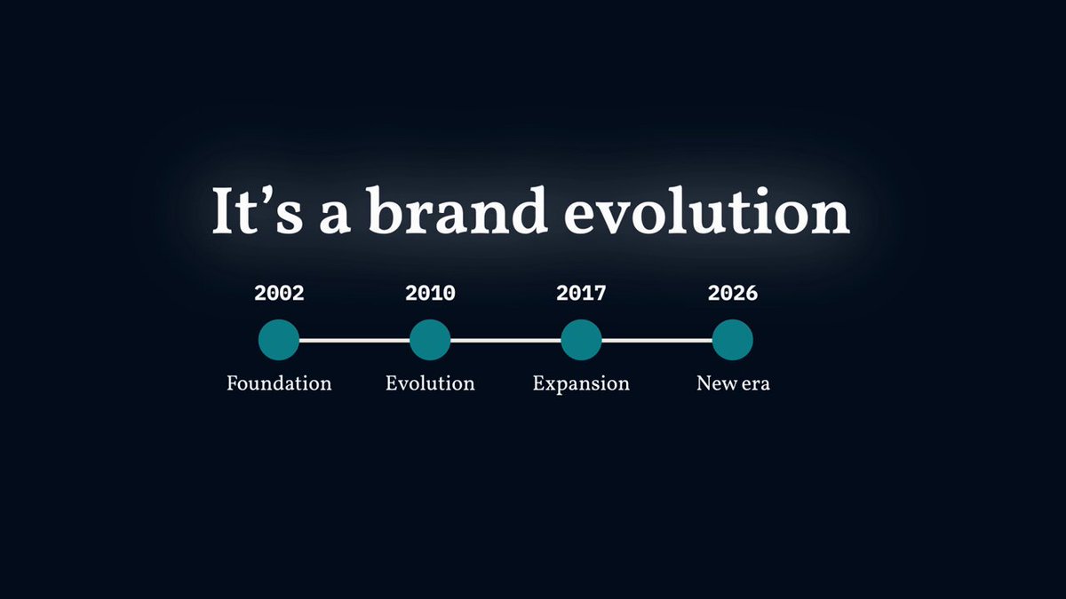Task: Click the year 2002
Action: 279,294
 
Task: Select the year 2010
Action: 430,294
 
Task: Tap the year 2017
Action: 581,294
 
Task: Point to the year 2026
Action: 732,294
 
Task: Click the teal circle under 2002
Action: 279,340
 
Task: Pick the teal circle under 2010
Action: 430,340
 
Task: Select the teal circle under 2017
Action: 581,340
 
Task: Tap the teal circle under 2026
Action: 732,340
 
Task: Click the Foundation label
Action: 279,383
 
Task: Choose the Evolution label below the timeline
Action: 430,383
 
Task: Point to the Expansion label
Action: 581,384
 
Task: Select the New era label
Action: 733,383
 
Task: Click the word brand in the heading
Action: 457,210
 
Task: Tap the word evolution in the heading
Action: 707,211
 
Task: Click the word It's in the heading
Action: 258,210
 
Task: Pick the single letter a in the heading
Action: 335,218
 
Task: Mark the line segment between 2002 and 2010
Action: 354,341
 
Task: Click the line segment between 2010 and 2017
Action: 505,341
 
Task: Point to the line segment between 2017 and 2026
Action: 656,341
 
